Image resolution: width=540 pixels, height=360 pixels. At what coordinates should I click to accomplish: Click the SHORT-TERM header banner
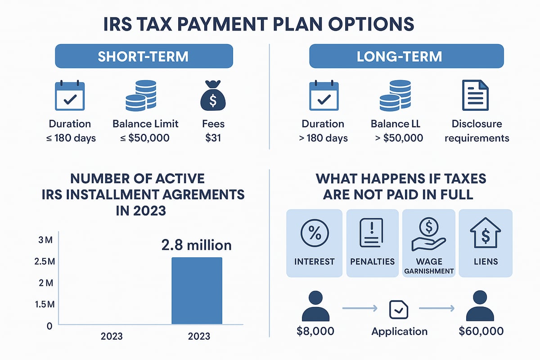coord(144,57)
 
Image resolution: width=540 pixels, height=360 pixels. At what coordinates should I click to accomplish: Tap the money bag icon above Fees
coord(213,96)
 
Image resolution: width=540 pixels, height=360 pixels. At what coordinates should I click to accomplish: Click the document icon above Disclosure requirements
coord(475,95)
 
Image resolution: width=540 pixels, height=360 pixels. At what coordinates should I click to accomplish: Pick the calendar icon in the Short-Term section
coord(69,95)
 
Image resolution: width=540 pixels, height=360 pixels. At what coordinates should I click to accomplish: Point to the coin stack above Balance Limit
coord(141,95)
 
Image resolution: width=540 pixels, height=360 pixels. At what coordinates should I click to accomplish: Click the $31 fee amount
coord(213,138)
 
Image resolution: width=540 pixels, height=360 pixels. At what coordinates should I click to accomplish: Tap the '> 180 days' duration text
coord(323,138)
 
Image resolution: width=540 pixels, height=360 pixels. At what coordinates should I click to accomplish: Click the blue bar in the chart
coord(197,291)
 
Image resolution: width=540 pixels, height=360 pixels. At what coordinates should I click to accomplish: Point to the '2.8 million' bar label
coord(197,245)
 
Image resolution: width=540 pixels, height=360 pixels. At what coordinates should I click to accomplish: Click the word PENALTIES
coord(372,261)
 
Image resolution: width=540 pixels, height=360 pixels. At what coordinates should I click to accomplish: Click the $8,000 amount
coord(315,332)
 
